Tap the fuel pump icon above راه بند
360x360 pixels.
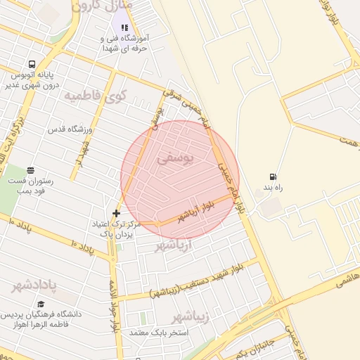coord(272,176)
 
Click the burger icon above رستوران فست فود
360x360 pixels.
coord(30,170)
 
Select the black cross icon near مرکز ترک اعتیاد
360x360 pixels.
coord(116,213)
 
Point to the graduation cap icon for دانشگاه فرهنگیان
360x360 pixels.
coord(41,304)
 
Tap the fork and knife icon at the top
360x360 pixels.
coord(124,27)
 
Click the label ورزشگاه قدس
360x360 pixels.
coord(70,130)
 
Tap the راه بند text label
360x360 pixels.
coord(273,188)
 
